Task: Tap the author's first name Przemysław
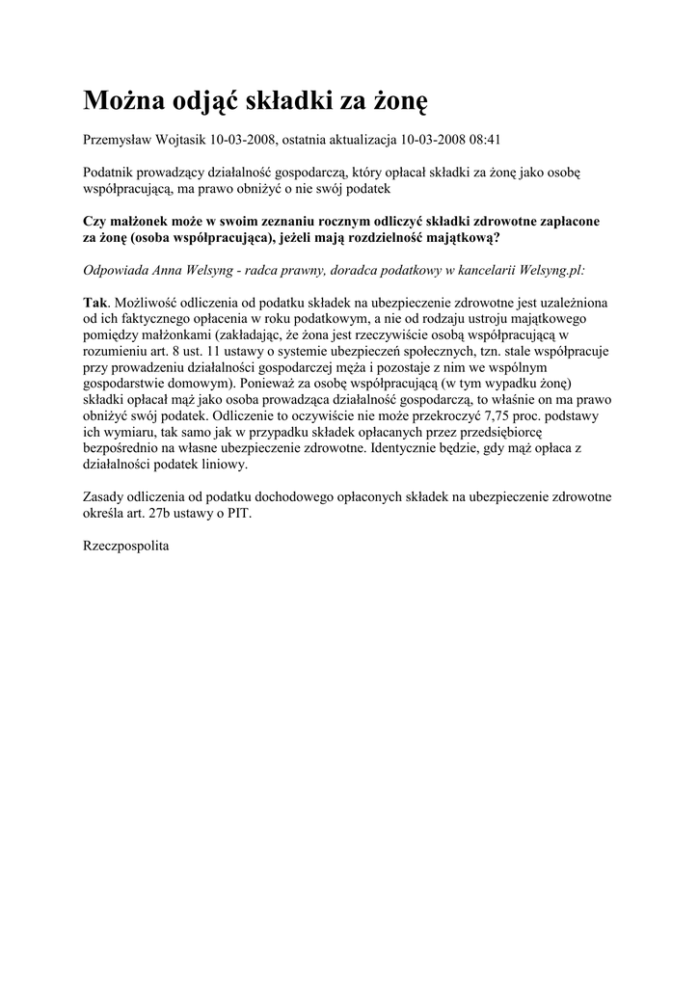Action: click(x=119, y=140)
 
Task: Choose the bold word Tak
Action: click(x=96, y=302)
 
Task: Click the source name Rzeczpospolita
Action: click(x=126, y=546)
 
